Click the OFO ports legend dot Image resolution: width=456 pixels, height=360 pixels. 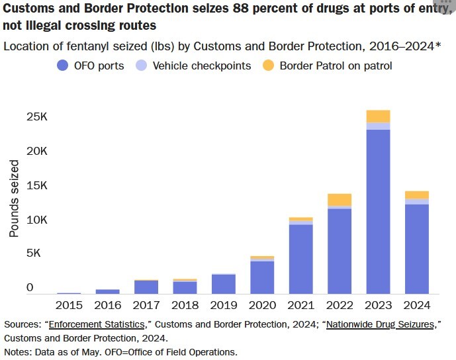click(63, 66)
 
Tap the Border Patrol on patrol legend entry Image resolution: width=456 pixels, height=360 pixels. click(328, 66)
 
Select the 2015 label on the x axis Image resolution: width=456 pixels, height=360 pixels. click(69, 305)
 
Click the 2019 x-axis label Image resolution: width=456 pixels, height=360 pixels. click(224, 305)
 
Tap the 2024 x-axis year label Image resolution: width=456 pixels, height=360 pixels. click(417, 305)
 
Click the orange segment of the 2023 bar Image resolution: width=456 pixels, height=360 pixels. click(379, 116)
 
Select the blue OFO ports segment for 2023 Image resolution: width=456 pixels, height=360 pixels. click(379, 212)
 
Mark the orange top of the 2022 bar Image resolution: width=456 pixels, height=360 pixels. click(340, 199)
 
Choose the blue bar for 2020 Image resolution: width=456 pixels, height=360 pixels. click(262, 277)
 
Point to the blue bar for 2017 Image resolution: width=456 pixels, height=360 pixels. click(146, 287)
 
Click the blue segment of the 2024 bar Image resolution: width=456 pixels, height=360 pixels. click(417, 249)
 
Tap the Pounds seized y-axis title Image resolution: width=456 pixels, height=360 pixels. click(14, 199)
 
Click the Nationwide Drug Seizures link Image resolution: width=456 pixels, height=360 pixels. click(385, 324)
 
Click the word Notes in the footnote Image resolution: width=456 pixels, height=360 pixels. click(17, 351)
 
